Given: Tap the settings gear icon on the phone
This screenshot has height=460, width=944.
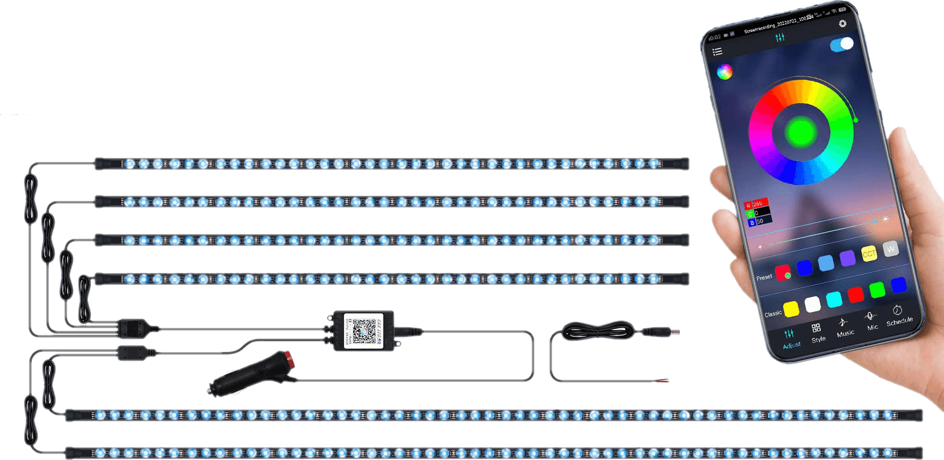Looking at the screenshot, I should (x=843, y=24).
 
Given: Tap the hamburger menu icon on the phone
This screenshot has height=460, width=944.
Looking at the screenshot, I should (x=717, y=51).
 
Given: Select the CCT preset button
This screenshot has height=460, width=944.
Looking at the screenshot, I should (x=869, y=253).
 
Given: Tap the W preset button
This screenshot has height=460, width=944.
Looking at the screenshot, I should (x=890, y=249).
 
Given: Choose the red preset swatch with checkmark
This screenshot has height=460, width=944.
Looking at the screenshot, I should (x=783, y=273).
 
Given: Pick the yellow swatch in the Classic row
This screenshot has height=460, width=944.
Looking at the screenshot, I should (x=791, y=308).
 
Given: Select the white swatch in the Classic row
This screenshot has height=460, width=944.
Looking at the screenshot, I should (x=812, y=304).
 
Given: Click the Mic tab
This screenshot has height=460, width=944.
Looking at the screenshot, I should (x=871, y=321).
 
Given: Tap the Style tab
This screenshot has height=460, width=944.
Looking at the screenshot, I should (x=817, y=333).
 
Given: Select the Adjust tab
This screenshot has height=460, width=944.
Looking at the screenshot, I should (x=791, y=339).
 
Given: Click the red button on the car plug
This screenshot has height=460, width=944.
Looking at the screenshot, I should (x=289, y=357).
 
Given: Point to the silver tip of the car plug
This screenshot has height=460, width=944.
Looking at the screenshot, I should (x=211, y=390).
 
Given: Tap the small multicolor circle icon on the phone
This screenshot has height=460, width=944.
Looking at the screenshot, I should (x=725, y=72).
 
